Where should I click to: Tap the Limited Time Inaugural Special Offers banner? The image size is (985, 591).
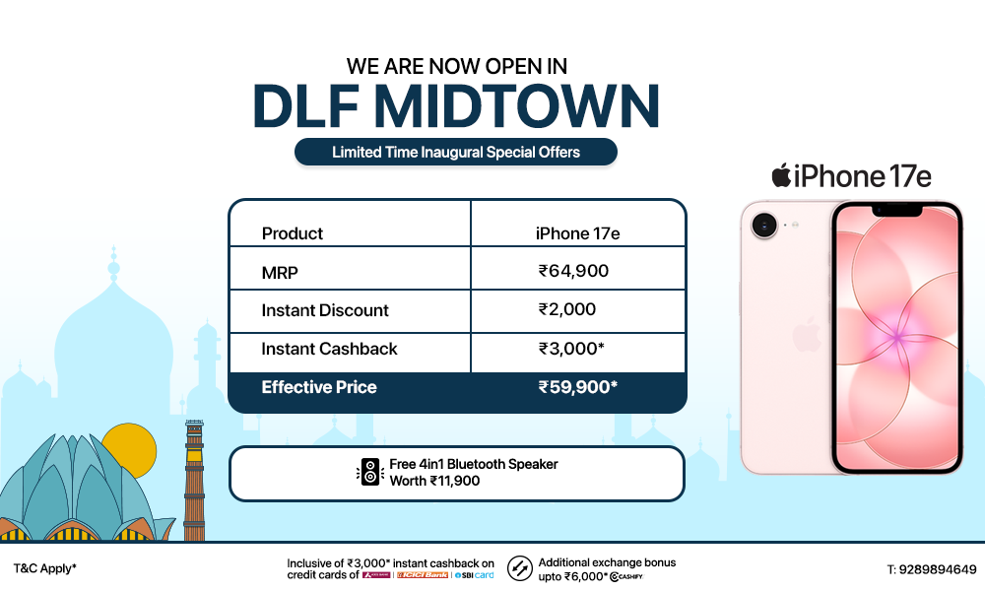[x=456, y=152]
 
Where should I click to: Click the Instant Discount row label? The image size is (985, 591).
[x=325, y=310]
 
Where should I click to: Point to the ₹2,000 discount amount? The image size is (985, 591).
[x=567, y=309]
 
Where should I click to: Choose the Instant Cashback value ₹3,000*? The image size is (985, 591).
[x=572, y=349]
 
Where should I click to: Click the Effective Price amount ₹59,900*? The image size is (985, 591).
[x=577, y=387]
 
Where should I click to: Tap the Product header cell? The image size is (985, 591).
[x=293, y=233]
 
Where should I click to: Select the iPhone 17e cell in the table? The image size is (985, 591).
[x=577, y=233]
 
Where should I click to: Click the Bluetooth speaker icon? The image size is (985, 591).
[x=369, y=472]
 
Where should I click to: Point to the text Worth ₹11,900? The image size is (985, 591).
[x=434, y=481]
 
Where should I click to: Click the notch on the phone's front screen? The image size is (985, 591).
[x=896, y=210]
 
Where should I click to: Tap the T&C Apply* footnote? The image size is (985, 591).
[x=44, y=568]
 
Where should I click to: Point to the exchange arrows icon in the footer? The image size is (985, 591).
[x=520, y=568]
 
